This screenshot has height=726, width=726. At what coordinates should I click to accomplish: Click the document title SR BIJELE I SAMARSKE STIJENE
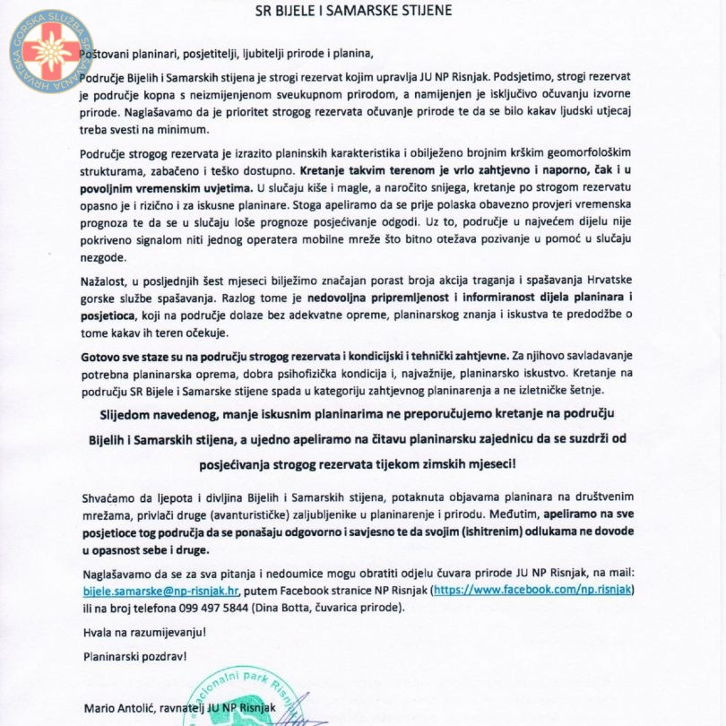(x=362, y=11)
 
